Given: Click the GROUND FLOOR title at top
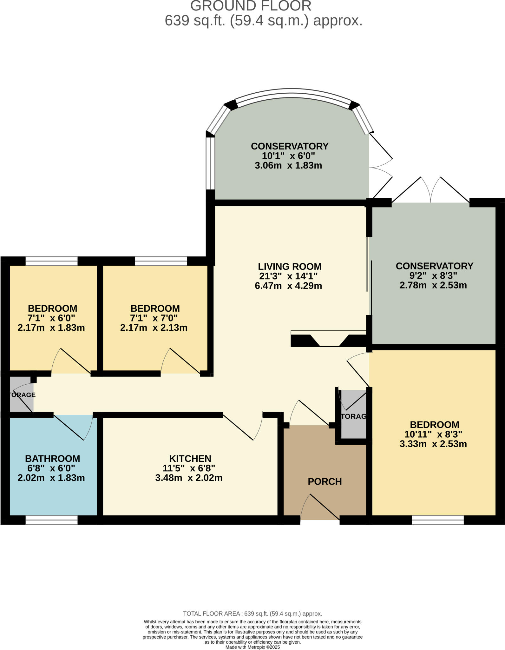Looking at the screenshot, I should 251,6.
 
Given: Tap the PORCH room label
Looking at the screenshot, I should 325,481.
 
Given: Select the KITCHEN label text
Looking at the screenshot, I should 190,458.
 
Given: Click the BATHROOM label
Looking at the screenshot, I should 52,458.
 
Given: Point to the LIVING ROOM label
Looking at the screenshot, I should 289,266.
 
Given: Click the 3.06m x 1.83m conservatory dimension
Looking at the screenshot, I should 288,165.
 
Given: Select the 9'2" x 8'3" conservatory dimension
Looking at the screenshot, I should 433,275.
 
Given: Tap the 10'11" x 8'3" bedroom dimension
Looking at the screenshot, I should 433,434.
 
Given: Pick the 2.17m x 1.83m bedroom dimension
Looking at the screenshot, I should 51,328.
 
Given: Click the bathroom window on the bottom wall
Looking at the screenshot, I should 51,520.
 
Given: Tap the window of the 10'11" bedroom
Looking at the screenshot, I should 437,520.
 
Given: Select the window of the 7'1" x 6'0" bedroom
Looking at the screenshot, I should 51,261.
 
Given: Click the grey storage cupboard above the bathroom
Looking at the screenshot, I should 21,394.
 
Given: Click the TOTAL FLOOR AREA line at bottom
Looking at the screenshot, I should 253,614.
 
